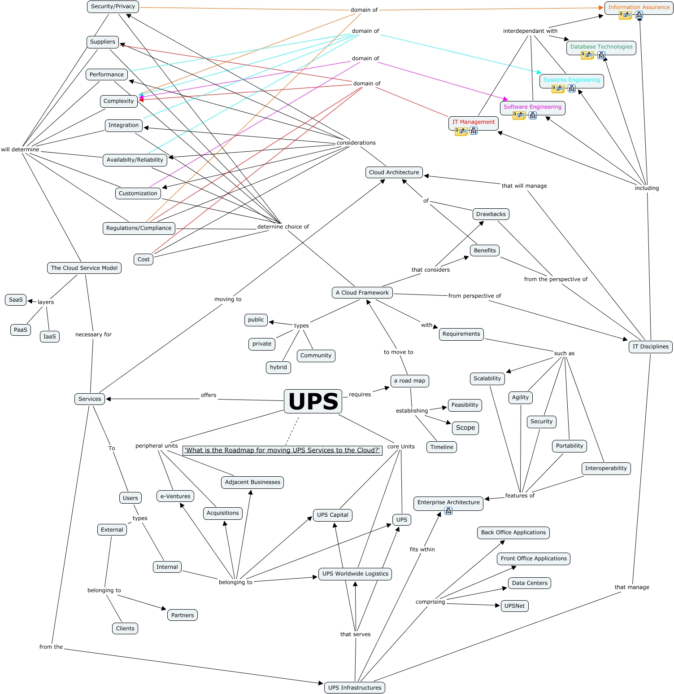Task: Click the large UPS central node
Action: [313, 401]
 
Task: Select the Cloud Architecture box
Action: [394, 172]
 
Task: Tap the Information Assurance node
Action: [639, 8]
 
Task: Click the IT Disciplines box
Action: [650, 347]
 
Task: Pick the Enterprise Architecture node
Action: [448, 502]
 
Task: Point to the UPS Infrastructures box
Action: [354, 688]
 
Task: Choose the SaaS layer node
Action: [16, 300]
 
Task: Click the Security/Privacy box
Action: [113, 6]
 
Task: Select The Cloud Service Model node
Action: [84, 268]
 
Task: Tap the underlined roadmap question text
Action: [282, 450]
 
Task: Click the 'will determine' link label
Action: [20, 149]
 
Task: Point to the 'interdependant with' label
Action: [530, 31]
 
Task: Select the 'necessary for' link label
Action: [93, 334]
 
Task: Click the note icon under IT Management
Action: [461, 131]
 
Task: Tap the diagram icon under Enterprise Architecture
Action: [448, 511]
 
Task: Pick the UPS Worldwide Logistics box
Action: [355, 574]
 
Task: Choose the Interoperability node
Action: [606, 468]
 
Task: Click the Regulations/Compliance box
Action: [139, 228]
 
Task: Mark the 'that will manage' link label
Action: [524, 186]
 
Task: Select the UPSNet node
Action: [514, 606]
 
